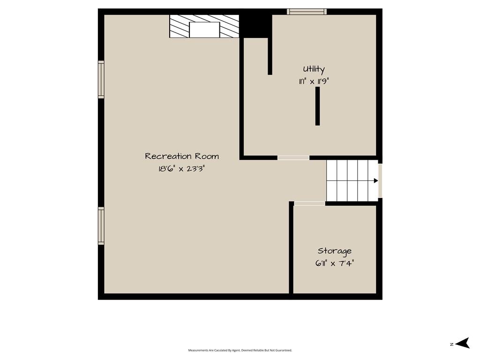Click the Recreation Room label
(182, 156)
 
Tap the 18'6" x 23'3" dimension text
(181, 168)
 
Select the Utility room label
(314, 69)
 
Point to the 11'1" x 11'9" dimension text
(314, 82)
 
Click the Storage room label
(335, 251)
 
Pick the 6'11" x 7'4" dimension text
(335, 263)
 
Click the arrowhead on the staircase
(376, 180)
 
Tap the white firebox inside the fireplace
(204, 30)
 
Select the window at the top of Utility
(307, 12)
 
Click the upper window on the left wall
(101, 80)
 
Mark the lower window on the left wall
(101, 226)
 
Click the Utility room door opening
(293, 158)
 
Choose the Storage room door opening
(309, 203)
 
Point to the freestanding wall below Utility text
(317, 106)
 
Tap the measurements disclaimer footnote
(240, 350)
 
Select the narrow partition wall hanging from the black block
(270, 56)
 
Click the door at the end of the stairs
(380, 180)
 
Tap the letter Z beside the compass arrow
(451, 345)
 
